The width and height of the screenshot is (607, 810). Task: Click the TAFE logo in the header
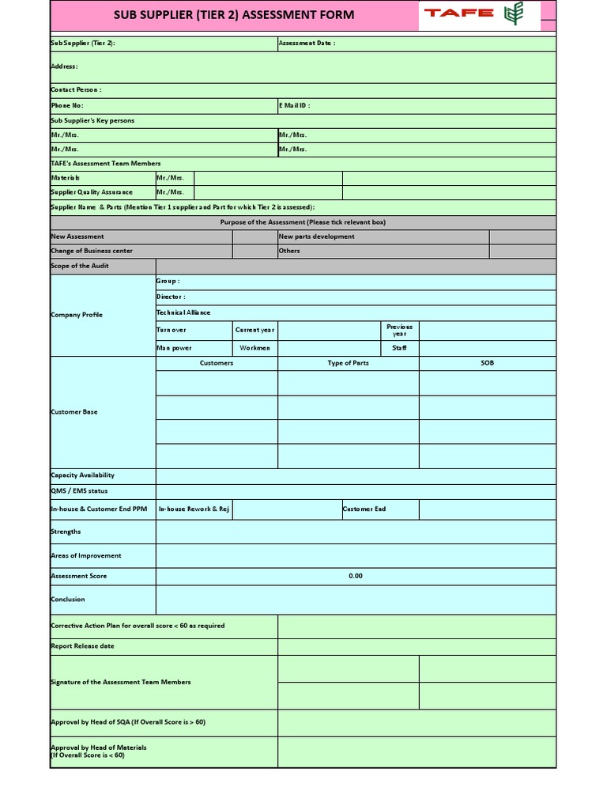479,14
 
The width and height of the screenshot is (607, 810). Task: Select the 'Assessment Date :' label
307,43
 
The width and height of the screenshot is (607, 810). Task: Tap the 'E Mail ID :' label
294,105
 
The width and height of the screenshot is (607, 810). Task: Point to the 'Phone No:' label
67,105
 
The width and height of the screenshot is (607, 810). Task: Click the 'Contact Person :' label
76,90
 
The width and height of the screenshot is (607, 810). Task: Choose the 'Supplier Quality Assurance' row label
92,192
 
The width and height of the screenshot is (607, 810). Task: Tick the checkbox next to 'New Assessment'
254,237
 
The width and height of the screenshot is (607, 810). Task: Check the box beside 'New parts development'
522,237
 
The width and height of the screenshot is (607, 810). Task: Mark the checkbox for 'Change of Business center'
254,251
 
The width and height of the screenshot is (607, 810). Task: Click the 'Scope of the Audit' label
80,266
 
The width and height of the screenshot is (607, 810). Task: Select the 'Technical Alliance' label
183,312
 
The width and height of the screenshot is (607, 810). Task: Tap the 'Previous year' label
399,330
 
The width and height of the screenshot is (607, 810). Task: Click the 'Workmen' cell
255,348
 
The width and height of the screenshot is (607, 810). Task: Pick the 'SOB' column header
487,363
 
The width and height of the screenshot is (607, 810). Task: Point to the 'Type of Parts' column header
348,363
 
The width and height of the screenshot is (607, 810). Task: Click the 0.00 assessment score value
356,576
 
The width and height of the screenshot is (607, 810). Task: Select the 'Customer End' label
364,509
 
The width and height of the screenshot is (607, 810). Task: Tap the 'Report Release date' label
82,646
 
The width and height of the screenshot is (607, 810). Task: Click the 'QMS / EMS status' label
79,491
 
